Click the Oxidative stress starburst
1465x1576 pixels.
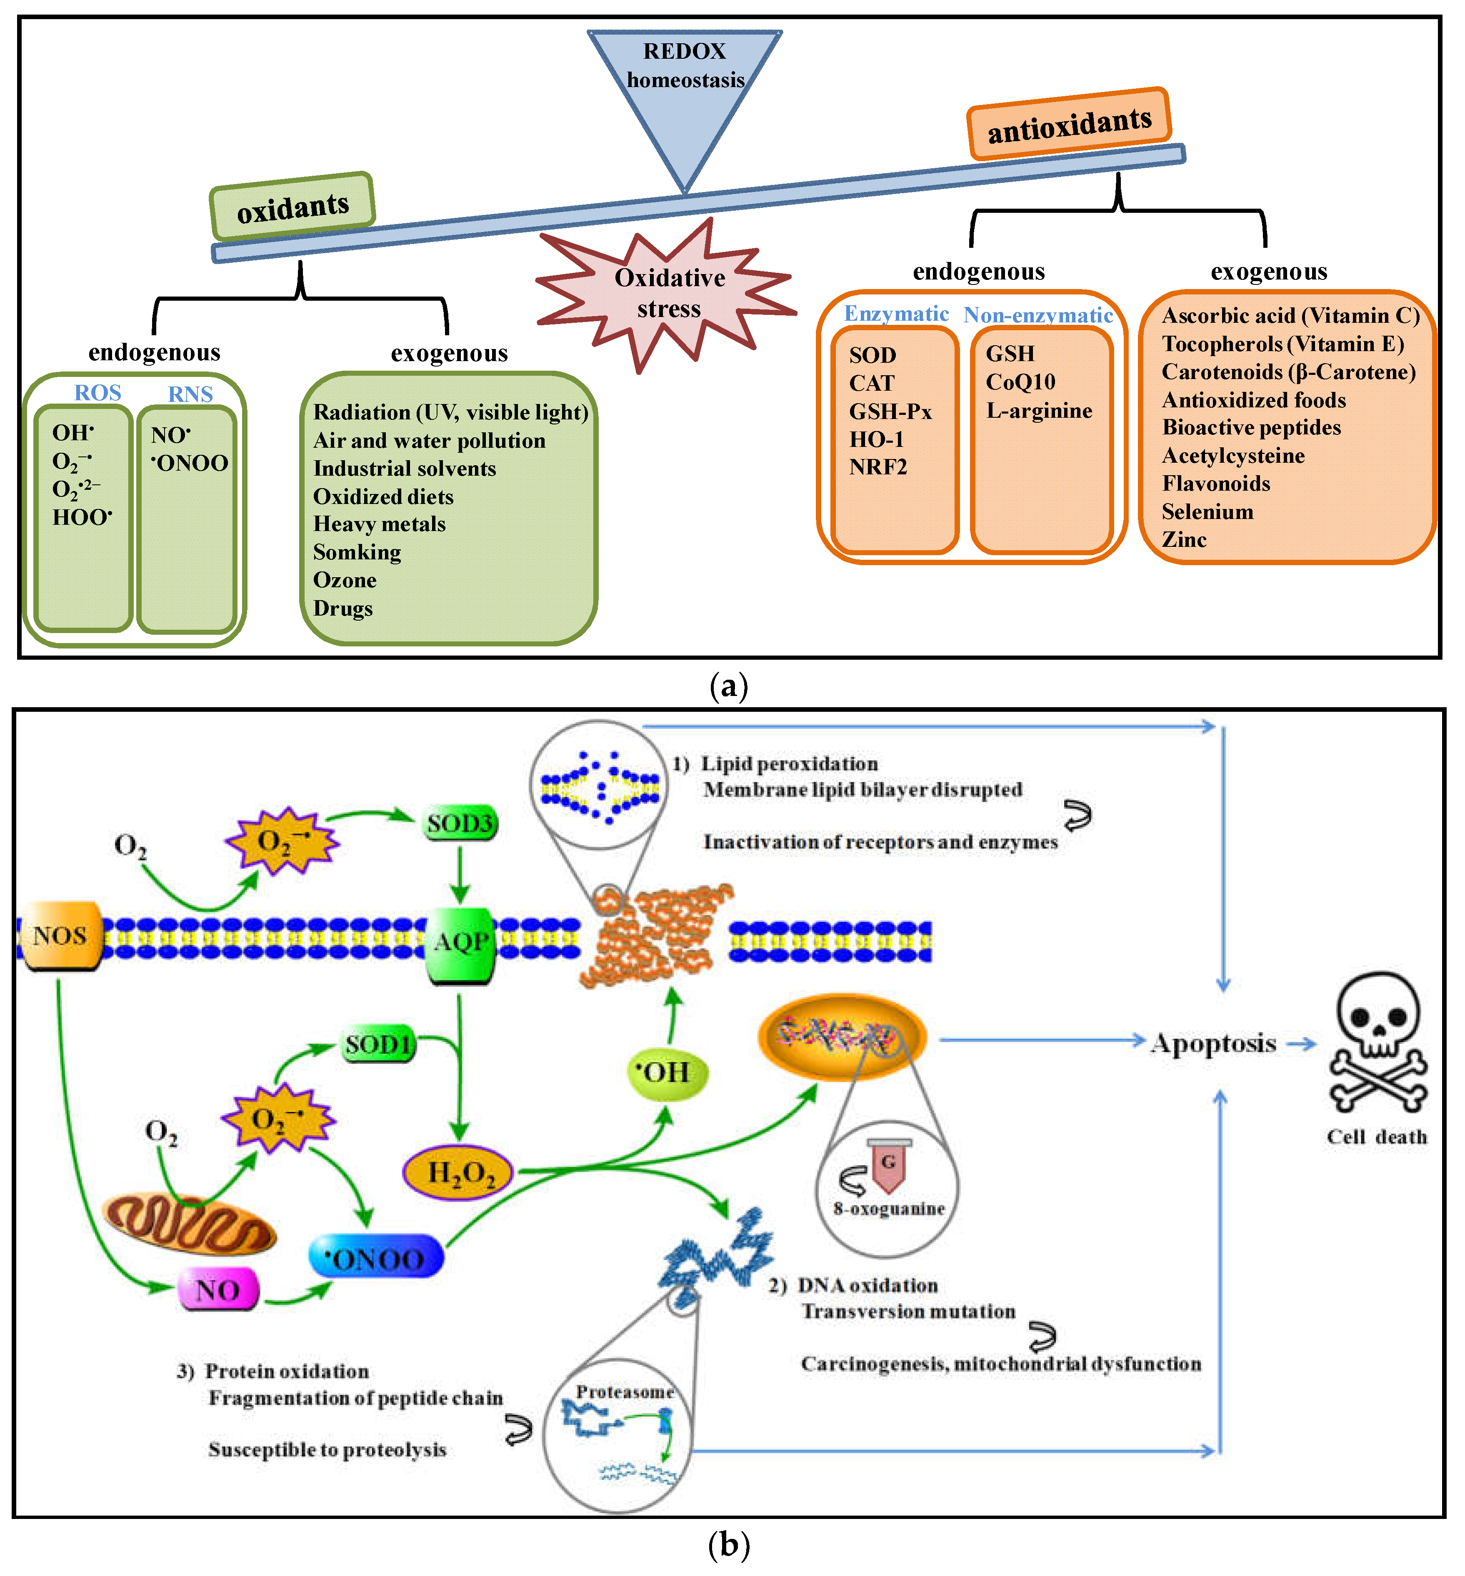668,293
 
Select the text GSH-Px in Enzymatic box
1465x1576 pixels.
890,411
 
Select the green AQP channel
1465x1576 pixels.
460,943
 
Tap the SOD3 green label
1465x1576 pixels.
460,824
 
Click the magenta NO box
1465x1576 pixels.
217,1290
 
